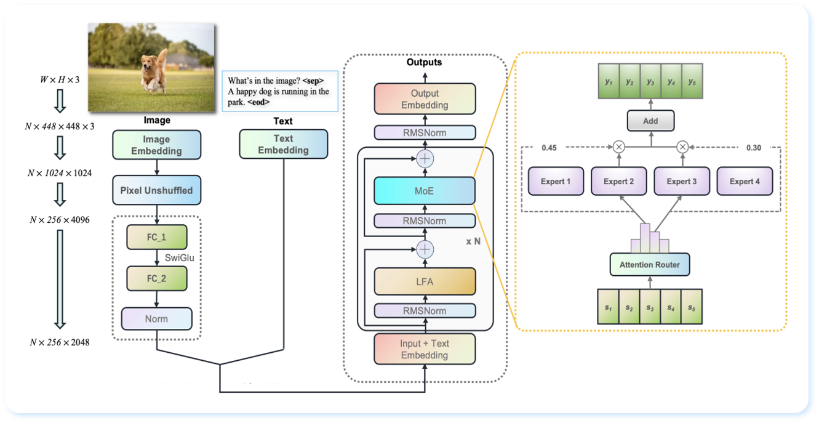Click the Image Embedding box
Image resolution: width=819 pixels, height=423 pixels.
coord(157,145)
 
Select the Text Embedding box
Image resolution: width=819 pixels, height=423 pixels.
coord(284,145)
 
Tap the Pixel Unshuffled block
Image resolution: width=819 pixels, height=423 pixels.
coord(157,190)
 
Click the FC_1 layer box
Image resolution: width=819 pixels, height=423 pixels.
coord(156,237)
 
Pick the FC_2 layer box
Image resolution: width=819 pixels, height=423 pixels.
coord(156,278)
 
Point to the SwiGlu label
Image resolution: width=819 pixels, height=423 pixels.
coord(179,258)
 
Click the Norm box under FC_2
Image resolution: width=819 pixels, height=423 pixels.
coord(157,319)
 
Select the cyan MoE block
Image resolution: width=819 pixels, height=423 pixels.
coord(425,191)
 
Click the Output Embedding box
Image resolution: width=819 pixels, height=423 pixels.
coord(425,99)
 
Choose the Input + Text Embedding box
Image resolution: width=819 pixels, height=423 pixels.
coord(425,349)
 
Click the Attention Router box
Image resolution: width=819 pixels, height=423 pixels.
coord(650,265)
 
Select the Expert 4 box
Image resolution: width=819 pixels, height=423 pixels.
coord(745,182)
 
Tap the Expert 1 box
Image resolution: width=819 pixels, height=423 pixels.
coord(556,182)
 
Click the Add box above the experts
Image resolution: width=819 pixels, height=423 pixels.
coord(650,121)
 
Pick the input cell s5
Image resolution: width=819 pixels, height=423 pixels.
coord(692,307)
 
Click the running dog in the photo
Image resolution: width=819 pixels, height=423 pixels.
coord(153,73)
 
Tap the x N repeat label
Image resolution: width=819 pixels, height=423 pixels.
coord(473,242)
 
